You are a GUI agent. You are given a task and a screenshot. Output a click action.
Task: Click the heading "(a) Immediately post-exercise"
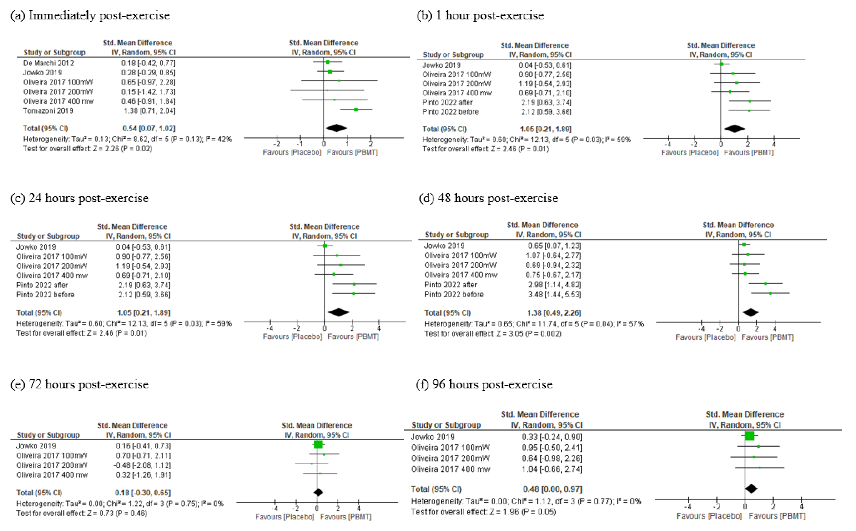tap(90, 16)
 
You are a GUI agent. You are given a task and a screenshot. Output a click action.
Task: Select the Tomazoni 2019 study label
tap(48, 111)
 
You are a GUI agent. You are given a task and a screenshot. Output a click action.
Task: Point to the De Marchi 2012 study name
tap(48, 63)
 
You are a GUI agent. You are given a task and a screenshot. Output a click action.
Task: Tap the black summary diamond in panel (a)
tap(336, 128)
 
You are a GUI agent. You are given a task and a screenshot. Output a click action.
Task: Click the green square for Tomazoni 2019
tap(356, 110)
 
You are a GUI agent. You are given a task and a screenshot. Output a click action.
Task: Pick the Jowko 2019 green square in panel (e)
tap(318, 445)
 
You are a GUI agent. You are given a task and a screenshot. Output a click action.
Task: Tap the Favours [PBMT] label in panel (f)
tap(777, 516)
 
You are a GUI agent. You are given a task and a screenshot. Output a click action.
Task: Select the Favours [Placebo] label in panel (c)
tap(292, 337)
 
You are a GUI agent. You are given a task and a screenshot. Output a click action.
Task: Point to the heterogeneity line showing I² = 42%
tap(127, 139)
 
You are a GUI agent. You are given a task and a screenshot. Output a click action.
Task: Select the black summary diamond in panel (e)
tap(318, 492)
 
